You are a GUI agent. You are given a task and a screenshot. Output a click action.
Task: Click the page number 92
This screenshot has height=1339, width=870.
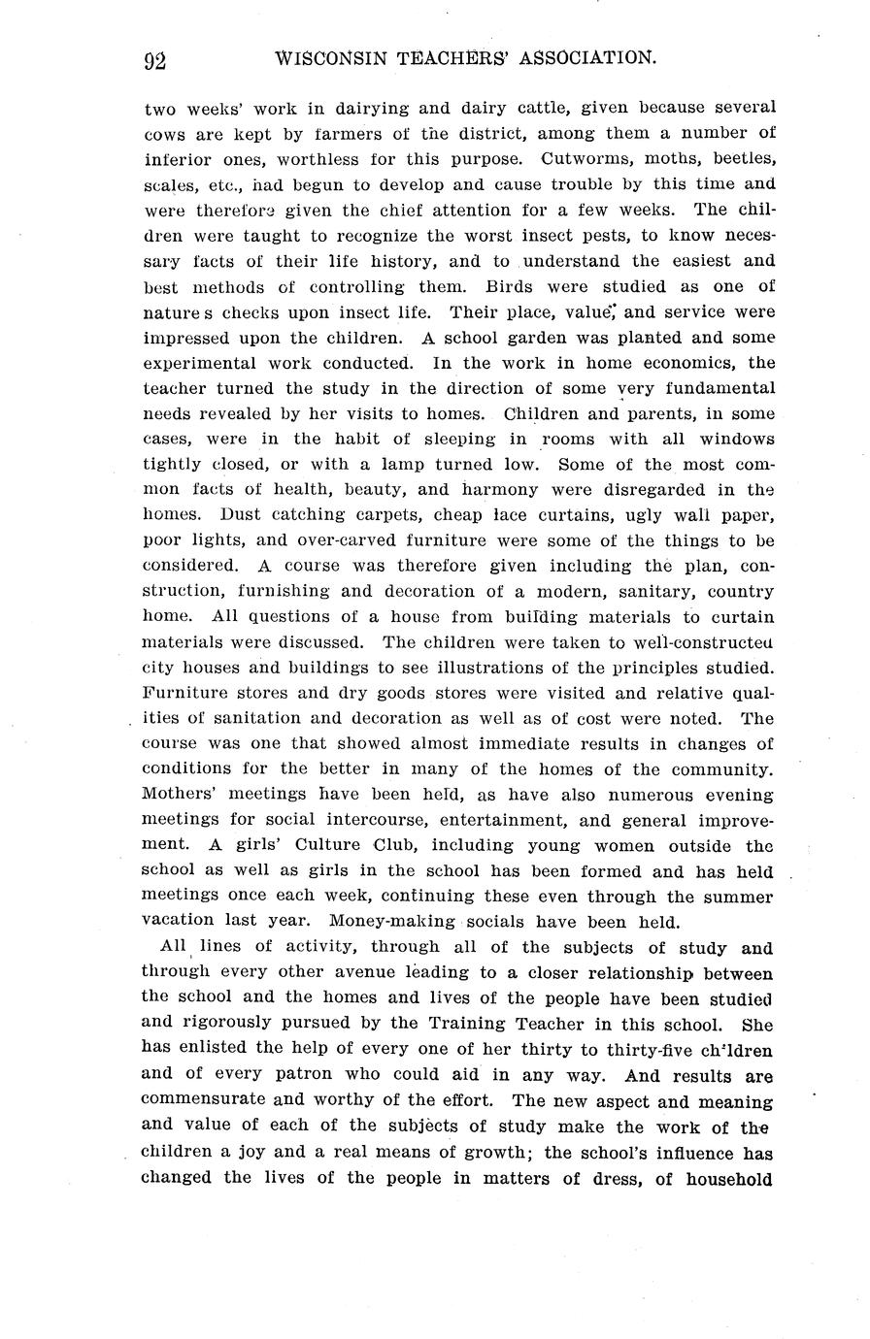point(154,60)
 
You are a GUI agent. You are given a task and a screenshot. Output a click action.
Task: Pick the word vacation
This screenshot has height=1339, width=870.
point(182,921)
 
